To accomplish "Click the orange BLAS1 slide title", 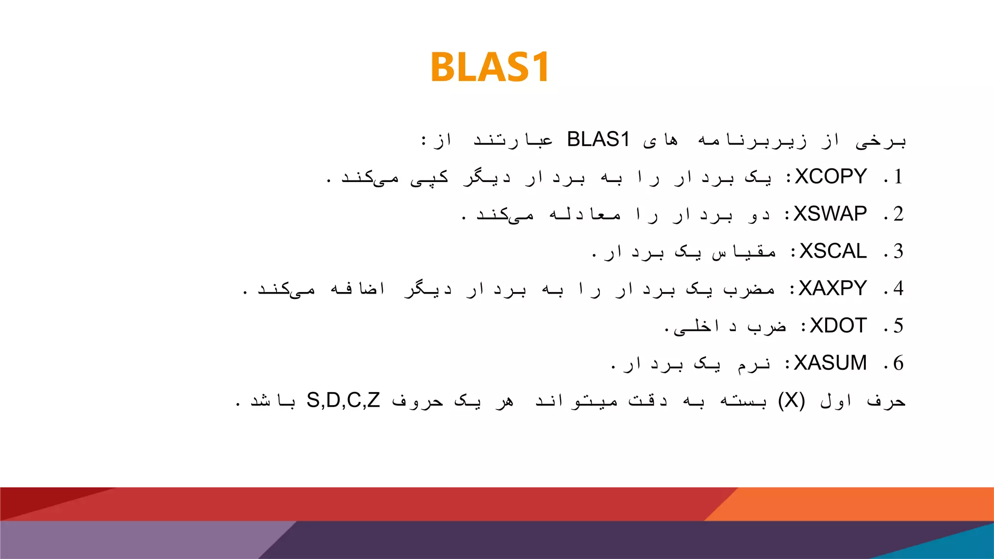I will coord(490,67).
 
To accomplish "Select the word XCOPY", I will coord(830,177).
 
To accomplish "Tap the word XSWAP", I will coord(830,214).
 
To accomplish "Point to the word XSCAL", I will coord(833,251).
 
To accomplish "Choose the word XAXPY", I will coord(832,289).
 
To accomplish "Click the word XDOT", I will coord(838,326).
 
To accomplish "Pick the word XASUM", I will coord(830,363).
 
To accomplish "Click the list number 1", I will coord(898,177).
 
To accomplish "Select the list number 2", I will coord(898,214).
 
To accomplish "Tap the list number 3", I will coord(898,251).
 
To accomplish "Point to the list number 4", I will coord(898,289).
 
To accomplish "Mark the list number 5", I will coord(898,326).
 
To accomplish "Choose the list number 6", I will coord(898,363).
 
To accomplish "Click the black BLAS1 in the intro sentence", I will coord(598,140).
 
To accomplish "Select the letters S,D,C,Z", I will coord(343,401).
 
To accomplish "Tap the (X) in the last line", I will coord(791,401).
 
